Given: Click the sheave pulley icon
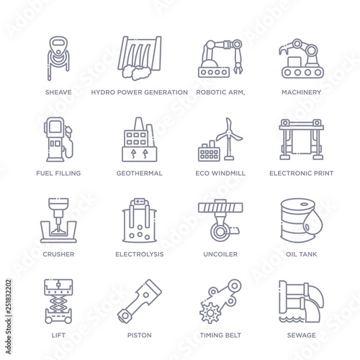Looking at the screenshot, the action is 58,58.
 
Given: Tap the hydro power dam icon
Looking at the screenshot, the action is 140,58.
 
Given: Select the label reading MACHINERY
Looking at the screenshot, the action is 302,92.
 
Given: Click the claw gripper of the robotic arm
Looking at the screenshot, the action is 238,68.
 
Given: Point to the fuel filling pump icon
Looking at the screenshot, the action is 58,139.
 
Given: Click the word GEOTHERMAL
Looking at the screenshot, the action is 140,174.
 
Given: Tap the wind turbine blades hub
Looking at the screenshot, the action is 229,132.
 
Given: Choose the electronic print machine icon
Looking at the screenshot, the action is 302,139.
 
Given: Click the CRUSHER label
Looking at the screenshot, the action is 58,254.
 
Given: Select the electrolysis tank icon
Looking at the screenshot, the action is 140,220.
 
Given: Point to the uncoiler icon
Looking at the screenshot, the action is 220,220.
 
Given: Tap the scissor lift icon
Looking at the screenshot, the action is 58,301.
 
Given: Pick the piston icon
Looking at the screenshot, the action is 140,301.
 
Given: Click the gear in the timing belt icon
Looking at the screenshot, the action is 210,312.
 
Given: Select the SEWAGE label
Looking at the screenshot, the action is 302,336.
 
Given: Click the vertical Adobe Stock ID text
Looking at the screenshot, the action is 9,317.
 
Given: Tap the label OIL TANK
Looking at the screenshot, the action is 302,254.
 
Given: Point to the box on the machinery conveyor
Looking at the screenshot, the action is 295,62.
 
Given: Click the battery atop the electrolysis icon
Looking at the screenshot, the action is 140,201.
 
